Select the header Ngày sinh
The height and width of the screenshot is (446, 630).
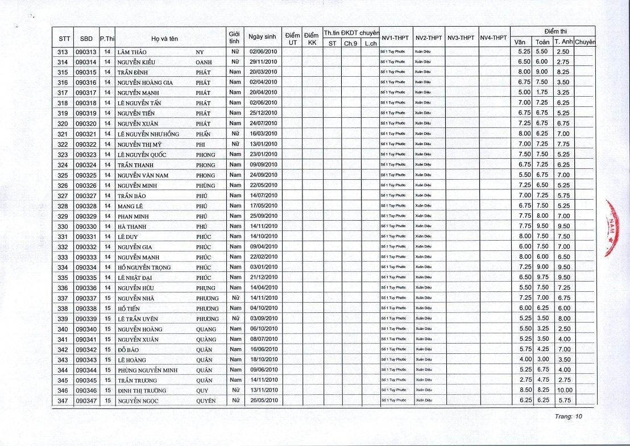(262, 37)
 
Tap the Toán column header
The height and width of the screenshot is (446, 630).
(542, 42)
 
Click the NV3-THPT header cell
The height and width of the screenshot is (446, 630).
(461, 38)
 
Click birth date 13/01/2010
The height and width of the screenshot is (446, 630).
(263, 144)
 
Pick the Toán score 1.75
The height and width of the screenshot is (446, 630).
(542, 93)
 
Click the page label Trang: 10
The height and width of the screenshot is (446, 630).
(569, 416)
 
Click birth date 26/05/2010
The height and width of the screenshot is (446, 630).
(263, 401)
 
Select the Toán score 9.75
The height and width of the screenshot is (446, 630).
(542, 278)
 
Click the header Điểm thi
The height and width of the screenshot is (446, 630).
(553, 31)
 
